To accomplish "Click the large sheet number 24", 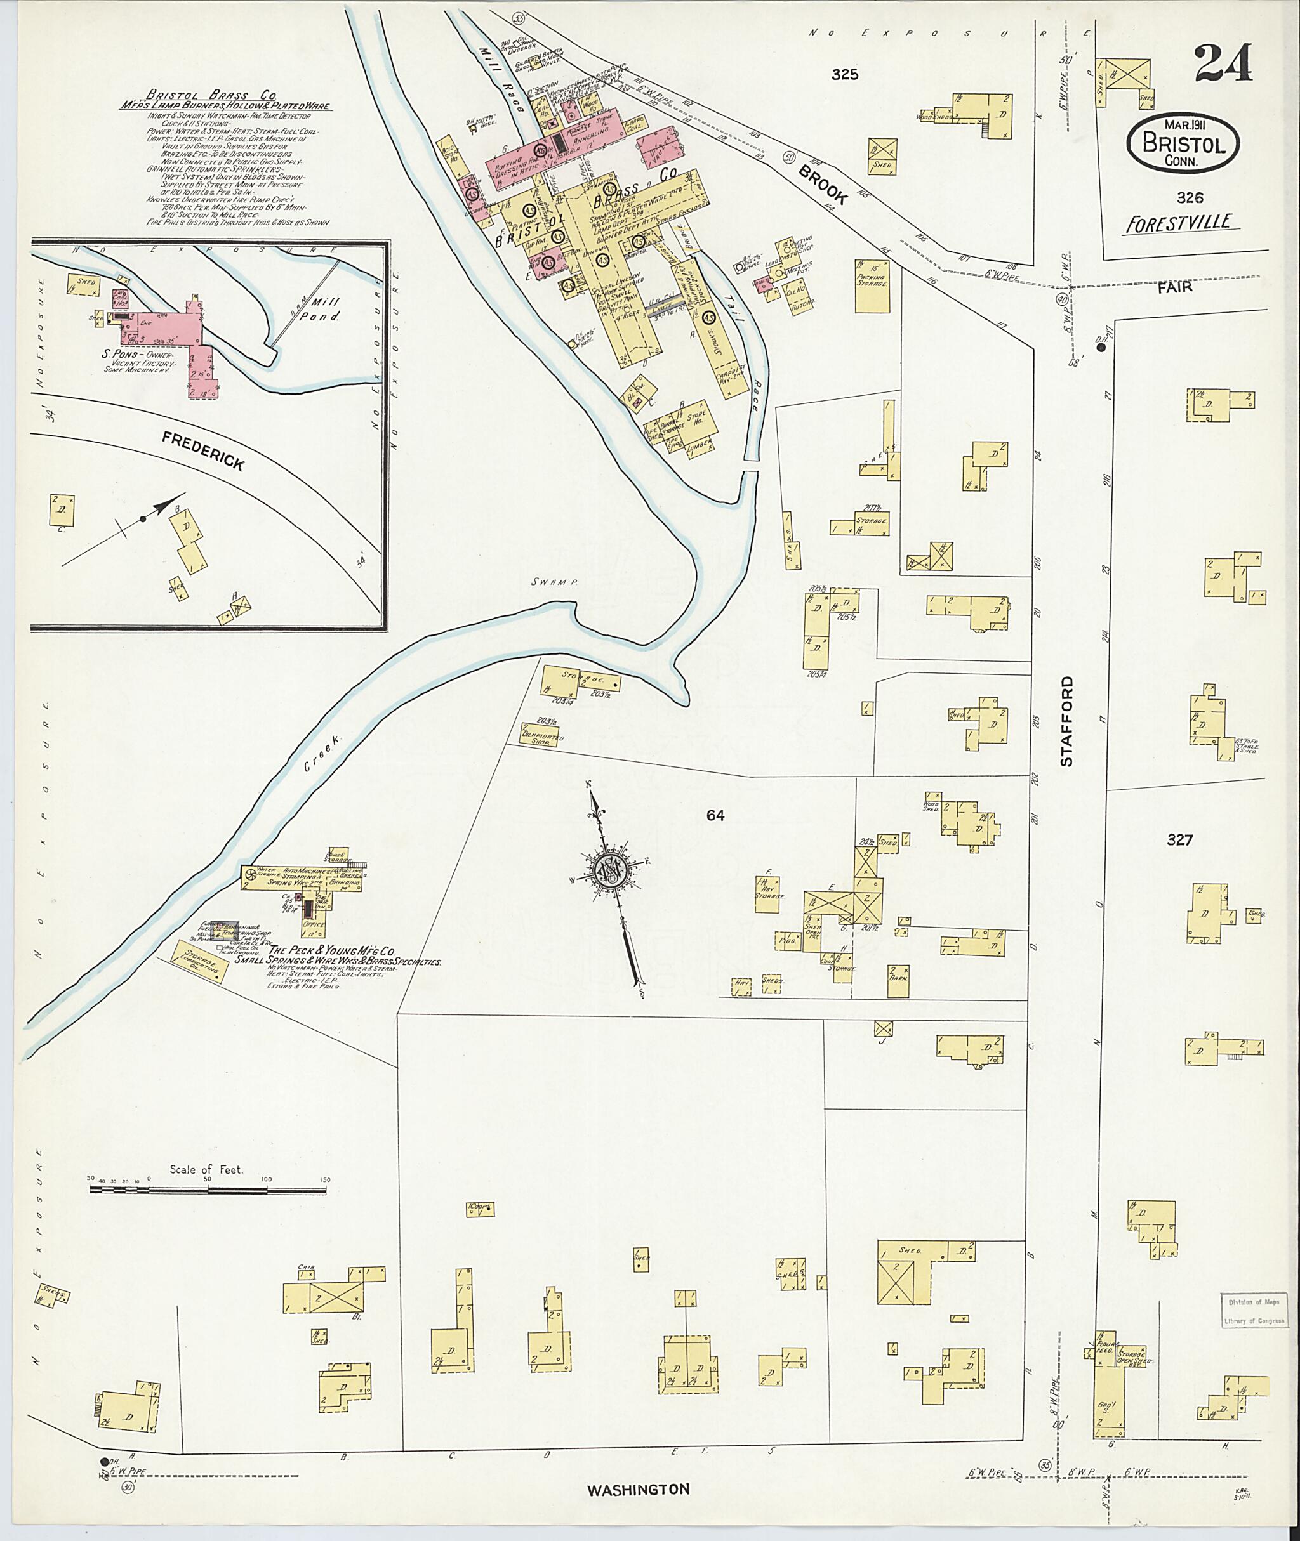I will pyautogui.click(x=1223, y=64).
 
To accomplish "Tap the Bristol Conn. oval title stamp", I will pyautogui.click(x=1184, y=143).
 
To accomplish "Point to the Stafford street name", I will pyautogui.click(x=1067, y=722).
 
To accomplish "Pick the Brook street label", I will pyautogui.click(x=824, y=184).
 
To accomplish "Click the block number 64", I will pyautogui.click(x=715, y=815).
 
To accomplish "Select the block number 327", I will pyautogui.click(x=1180, y=840).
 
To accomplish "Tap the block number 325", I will pyautogui.click(x=845, y=74).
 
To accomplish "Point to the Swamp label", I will pyautogui.click(x=553, y=582).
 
